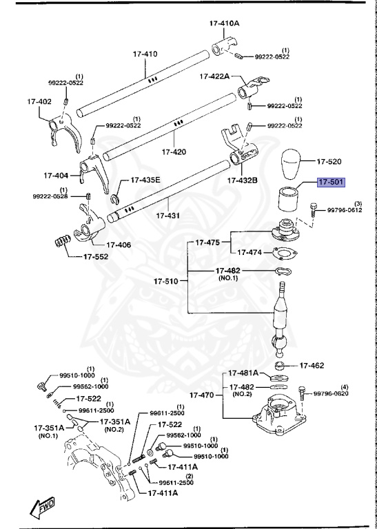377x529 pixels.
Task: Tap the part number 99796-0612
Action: coord(344,211)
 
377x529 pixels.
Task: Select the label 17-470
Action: coord(202,396)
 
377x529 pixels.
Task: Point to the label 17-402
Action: coord(39,101)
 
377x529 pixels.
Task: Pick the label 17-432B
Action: coord(243,180)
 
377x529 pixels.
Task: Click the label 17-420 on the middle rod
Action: coord(174,152)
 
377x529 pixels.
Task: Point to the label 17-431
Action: coord(167,216)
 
